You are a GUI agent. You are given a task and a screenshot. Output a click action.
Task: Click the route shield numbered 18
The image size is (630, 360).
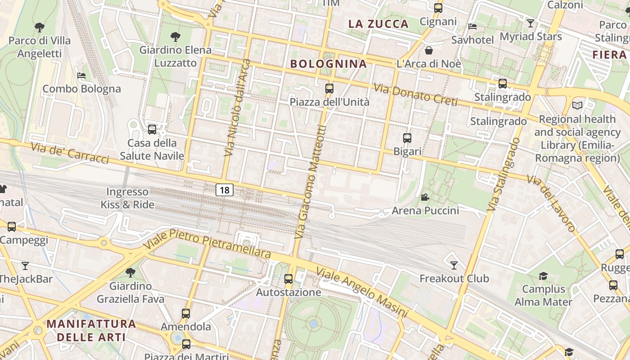click(225, 190)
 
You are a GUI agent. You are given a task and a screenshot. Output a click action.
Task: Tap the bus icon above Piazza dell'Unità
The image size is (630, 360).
click(329, 89)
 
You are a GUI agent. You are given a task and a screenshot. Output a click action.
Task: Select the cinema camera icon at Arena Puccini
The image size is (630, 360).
click(425, 197)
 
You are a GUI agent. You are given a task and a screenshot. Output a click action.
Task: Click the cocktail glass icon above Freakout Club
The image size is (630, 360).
click(454, 265)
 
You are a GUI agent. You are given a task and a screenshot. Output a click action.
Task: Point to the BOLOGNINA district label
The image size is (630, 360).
click(328, 64)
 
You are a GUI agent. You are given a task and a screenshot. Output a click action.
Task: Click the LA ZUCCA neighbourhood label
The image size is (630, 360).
click(378, 24)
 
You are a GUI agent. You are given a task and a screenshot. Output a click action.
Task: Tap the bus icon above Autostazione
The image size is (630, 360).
click(288, 279)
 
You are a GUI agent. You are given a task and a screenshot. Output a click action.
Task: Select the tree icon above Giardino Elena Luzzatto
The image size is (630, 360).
click(175, 36)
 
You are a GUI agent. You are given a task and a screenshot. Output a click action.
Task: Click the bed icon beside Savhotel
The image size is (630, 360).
click(472, 27)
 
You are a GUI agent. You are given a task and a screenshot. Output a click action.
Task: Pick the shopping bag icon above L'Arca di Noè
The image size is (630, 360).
click(429, 50)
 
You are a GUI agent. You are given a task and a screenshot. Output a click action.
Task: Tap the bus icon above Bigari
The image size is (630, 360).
click(407, 138)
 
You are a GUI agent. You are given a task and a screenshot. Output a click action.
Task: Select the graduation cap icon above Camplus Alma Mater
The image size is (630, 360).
click(544, 275)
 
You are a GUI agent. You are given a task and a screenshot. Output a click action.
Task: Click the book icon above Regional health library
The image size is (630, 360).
click(577, 106)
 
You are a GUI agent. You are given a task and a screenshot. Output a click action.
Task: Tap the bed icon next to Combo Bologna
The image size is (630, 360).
click(81, 75)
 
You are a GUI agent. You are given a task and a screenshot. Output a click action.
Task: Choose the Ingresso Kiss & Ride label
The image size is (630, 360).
click(127, 198)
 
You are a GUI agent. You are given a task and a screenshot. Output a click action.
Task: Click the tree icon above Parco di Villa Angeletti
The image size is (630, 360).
click(40, 27)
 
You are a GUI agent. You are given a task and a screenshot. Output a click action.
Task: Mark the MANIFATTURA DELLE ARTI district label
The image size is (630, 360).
click(91, 330)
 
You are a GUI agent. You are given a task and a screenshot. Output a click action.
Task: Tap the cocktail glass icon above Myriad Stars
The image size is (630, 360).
click(531, 23)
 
